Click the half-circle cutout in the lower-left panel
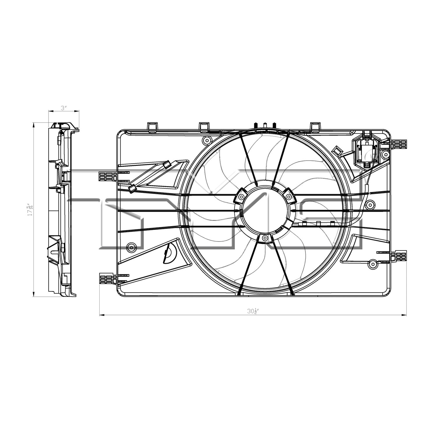(170, 253)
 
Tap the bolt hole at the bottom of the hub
(265, 238)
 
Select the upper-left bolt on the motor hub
(241, 197)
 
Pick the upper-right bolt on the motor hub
(288, 197)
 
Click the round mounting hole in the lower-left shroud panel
(131, 248)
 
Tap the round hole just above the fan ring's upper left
(207, 140)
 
